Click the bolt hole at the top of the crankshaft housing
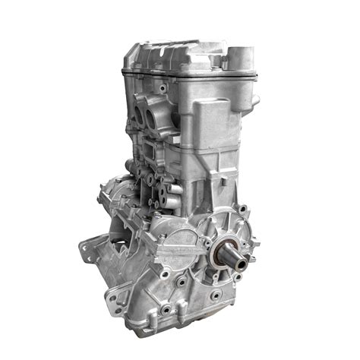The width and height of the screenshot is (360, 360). coord(242,209)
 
